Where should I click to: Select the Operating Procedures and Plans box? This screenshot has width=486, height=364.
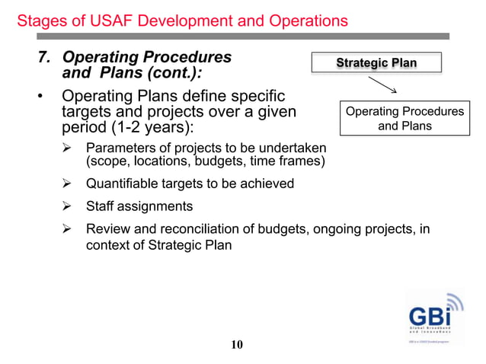click(404, 119)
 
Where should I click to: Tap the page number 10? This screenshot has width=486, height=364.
click(237, 345)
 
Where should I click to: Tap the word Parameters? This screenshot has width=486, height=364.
click(122, 147)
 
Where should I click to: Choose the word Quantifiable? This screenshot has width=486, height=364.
click(126, 184)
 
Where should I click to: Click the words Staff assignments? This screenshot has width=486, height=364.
click(139, 206)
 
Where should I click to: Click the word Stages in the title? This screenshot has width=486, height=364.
click(40, 21)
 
